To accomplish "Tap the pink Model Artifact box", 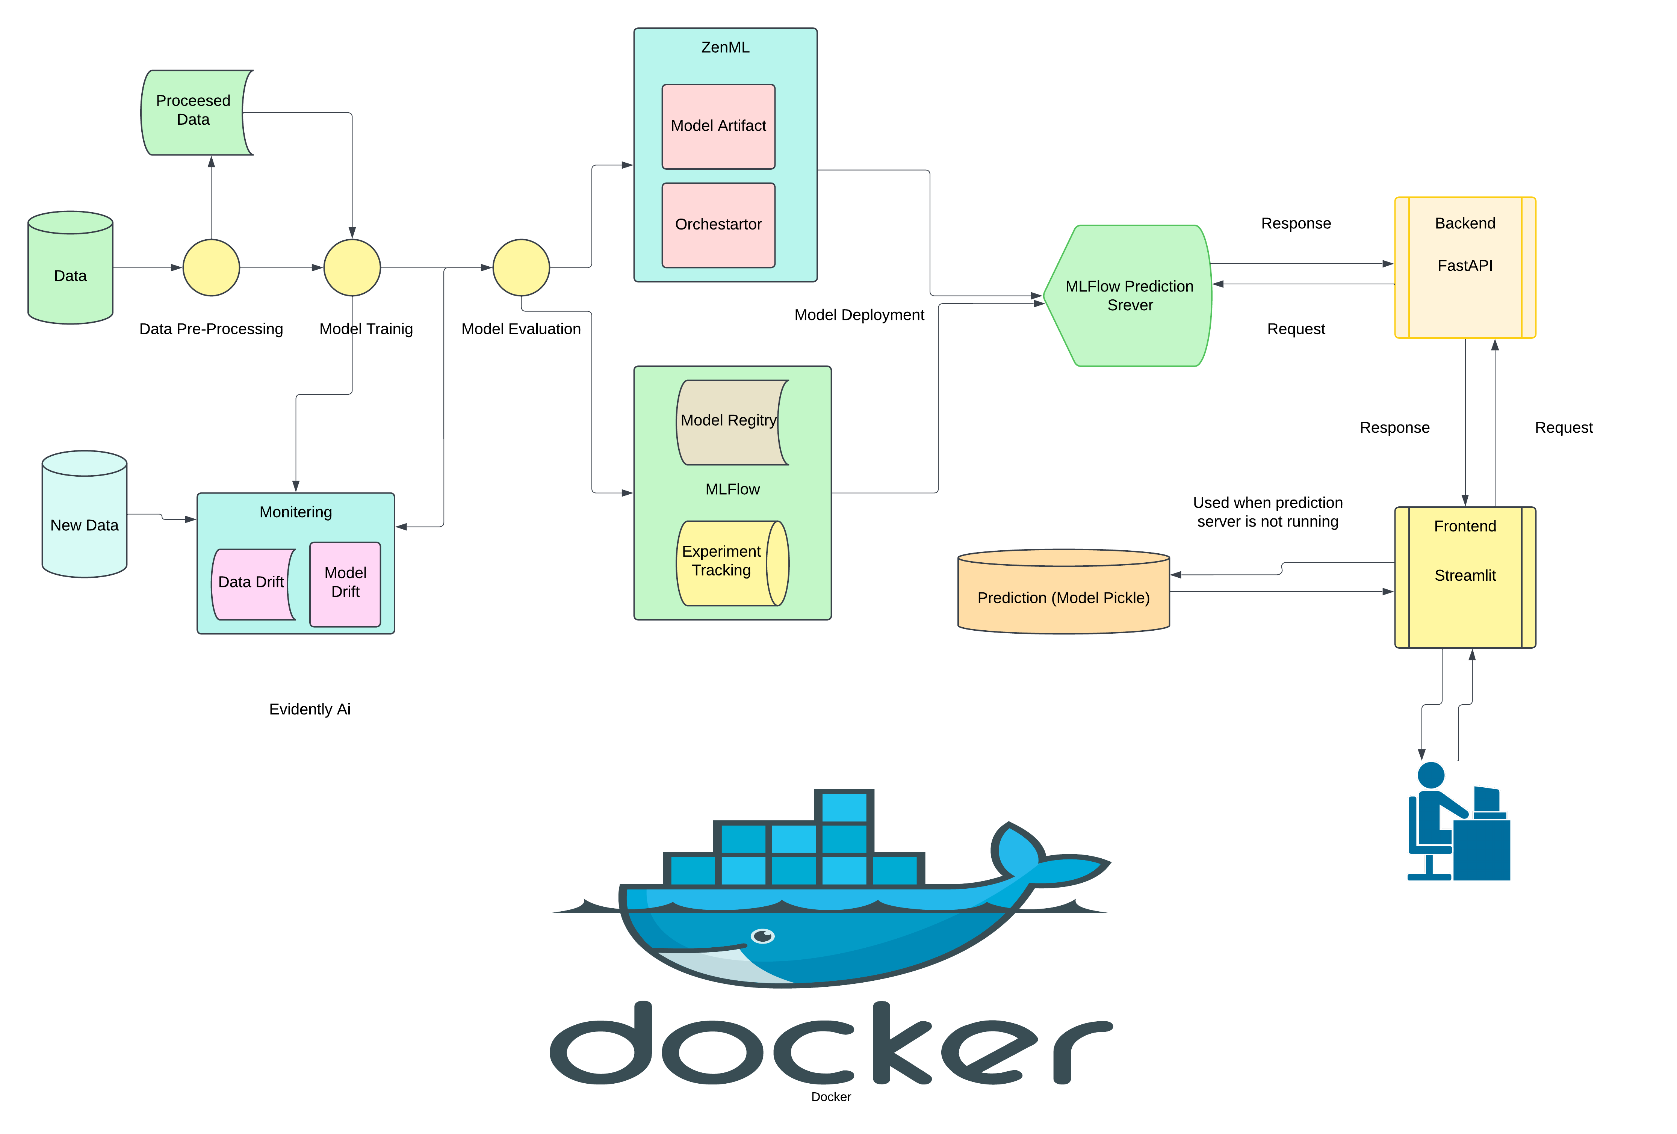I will point(718,126).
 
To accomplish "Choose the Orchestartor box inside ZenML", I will point(718,224).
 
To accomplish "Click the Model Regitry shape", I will point(729,422).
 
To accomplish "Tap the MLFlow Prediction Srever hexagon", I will point(1129,296).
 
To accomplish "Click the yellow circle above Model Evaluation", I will point(521,267).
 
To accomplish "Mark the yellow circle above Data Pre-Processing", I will point(211,267).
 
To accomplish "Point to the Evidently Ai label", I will point(310,709).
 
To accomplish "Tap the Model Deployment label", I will point(859,314).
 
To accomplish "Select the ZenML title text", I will point(725,48).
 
